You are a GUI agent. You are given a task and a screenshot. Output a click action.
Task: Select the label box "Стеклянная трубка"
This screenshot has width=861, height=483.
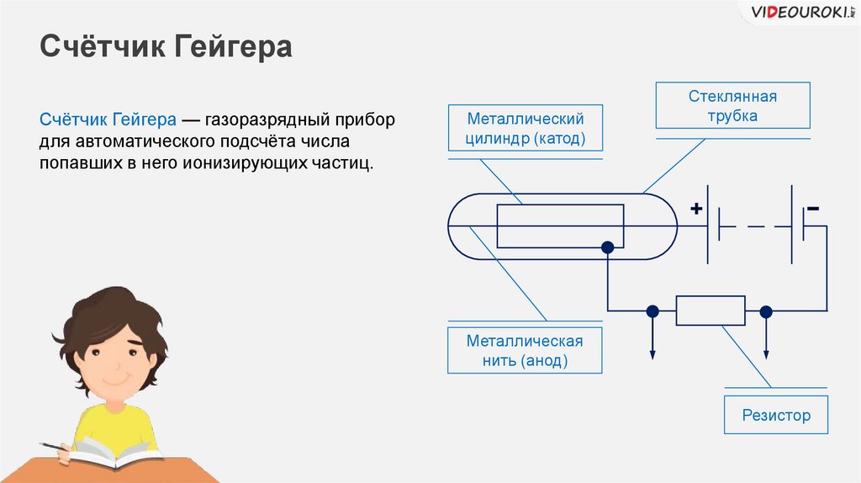tap(732, 106)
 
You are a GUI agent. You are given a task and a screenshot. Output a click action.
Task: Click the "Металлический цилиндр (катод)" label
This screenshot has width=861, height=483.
tap(526, 129)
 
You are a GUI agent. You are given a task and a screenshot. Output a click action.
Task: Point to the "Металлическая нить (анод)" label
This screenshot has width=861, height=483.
tap(526, 351)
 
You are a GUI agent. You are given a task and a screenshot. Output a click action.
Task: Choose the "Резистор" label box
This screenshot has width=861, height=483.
tap(776, 415)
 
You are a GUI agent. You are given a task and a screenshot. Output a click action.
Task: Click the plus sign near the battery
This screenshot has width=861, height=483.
tap(696, 209)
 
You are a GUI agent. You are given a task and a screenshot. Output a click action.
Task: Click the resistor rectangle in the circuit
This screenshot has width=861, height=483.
tap(710, 310)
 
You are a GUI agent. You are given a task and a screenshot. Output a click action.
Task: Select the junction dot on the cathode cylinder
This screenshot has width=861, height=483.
tap(607, 247)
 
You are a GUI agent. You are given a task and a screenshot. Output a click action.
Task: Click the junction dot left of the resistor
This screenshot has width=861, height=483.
tap(652, 310)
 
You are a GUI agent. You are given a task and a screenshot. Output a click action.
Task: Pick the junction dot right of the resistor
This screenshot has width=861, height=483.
tap(765, 310)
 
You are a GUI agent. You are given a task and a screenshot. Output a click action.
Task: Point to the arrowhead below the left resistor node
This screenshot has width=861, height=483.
tap(652, 353)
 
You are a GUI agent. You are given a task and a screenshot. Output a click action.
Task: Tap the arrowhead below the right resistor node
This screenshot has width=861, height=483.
tap(765, 353)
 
